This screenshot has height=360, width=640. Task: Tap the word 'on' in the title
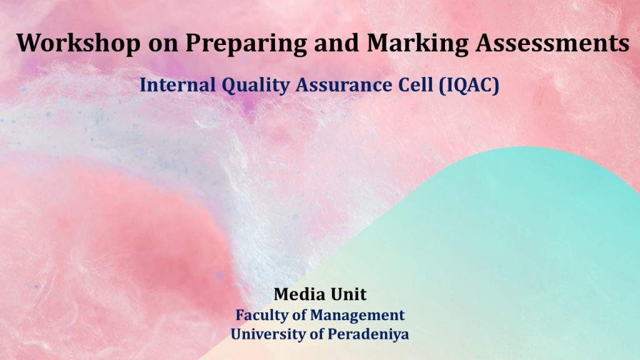(163, 44)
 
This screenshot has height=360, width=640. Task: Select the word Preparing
(246, 44)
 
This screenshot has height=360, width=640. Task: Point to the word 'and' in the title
(337, 43)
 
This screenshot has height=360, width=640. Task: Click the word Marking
(417, 44)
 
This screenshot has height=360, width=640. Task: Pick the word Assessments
(552, 43)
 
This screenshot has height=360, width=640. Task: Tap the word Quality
(256, 86)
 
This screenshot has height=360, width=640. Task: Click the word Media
(299, 294)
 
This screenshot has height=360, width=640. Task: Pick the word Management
(357, 316)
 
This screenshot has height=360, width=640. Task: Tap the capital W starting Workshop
(29, 43)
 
